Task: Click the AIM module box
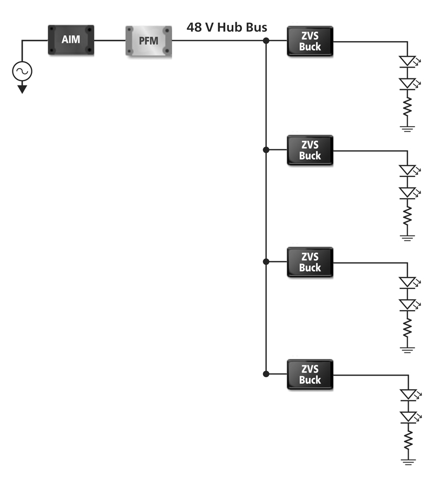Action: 71,40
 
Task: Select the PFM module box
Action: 149,41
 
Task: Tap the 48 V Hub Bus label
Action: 227,27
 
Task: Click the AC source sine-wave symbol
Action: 22,70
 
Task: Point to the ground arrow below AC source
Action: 22,89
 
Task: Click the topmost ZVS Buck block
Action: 310,41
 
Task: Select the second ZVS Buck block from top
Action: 310,150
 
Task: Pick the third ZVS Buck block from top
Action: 310,262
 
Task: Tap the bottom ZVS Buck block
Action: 310,374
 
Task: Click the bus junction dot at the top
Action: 266,41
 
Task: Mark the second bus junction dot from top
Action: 266,150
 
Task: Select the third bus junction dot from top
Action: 266,262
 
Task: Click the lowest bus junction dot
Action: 266,374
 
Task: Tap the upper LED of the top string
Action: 406,61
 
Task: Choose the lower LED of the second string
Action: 406,192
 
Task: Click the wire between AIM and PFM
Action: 110,41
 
